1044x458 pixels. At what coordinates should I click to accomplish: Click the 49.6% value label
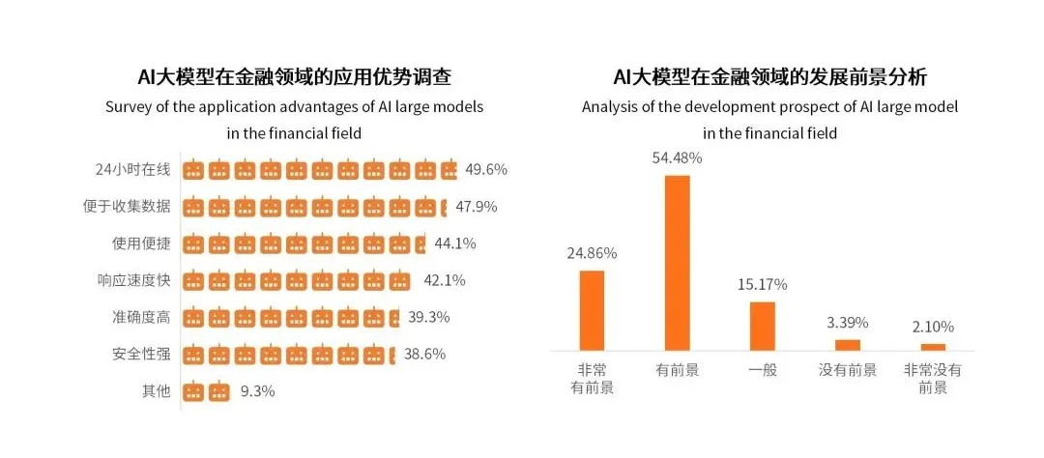click(x=486, y=169)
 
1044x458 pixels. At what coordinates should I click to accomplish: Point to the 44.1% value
click(x=453, y=243)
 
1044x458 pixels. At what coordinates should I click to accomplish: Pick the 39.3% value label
click(x=427, y=317)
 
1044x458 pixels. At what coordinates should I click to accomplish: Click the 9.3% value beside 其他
click(x=258, y=391)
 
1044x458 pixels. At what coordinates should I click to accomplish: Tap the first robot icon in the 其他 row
click(x=194, y=391)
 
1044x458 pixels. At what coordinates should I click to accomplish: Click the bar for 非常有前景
click(x=592, y=310)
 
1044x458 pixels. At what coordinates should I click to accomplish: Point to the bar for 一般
click(x=763, y=326)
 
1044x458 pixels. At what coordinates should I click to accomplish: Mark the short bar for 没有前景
click(x=848, y=344)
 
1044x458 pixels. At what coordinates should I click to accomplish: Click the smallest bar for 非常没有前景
click(x=933, y=346)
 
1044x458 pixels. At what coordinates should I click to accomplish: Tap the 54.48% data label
click(x=677, y=157)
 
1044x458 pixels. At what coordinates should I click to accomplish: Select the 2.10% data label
click(x=933, y=327)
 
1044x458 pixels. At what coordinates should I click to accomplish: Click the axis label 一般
click(x=763, y=370)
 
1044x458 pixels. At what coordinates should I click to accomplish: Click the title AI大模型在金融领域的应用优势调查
click(x=294, y=77)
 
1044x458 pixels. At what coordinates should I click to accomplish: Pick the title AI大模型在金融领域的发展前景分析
click(x=769, y=77)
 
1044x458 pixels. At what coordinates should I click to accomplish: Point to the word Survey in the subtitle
click(x=130, y=107)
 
